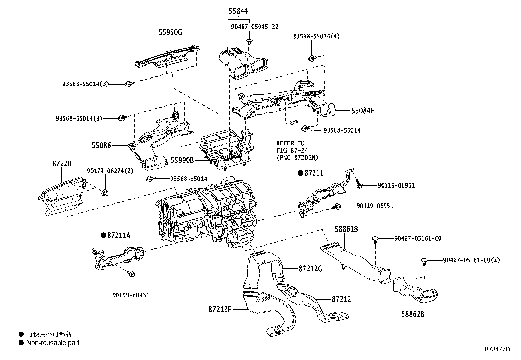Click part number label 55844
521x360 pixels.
(238, 11)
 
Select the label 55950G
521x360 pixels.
(170, 32)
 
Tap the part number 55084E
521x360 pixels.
(363, 111)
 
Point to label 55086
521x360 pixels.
(101, 145)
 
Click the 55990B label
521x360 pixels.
(182, 160)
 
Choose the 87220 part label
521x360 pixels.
(62, 163)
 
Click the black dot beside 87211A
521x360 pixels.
(104, 235)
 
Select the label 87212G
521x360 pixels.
(310, 269)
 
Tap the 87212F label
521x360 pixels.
(220, 309)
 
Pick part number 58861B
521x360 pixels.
(346, 229)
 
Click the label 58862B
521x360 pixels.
(413, 314)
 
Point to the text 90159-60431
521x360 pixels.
(131, 295)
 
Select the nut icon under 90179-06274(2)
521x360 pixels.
(105, 193)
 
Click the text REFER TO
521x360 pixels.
(290, 143)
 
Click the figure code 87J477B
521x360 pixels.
(497, 349)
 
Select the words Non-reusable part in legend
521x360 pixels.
(53, 343)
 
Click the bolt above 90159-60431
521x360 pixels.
(132, 274)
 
